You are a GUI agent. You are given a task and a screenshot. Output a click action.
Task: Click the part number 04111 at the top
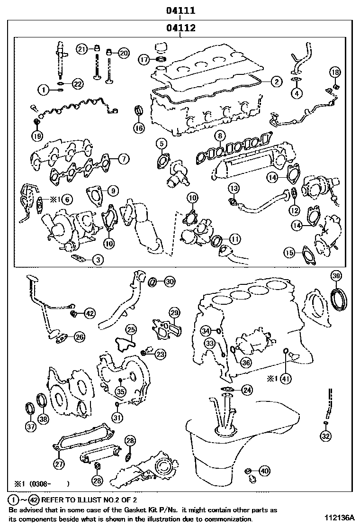(180, 10)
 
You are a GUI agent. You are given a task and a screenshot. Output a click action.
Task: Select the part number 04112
(180, 28)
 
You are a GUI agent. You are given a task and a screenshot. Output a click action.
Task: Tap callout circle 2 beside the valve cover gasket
(276, 82)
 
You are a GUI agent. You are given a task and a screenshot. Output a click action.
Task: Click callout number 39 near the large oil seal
(335, 276)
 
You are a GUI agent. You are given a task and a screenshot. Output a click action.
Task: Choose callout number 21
(82, 49)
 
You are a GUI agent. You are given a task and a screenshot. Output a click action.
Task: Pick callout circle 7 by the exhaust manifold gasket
(123, 159)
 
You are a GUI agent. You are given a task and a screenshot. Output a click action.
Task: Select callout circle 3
(97, 259)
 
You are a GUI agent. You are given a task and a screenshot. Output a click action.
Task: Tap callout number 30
(169, 282)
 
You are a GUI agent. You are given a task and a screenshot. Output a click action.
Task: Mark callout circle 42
(90, 313)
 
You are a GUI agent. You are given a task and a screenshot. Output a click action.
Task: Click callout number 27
(59, 464)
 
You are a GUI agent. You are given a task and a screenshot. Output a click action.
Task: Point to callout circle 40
(264, 471)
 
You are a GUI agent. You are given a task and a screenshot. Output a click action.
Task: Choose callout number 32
(326, 436)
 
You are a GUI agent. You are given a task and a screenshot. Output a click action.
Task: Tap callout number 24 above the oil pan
(247, 389)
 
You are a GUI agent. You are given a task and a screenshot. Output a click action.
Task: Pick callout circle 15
(289, 253)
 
